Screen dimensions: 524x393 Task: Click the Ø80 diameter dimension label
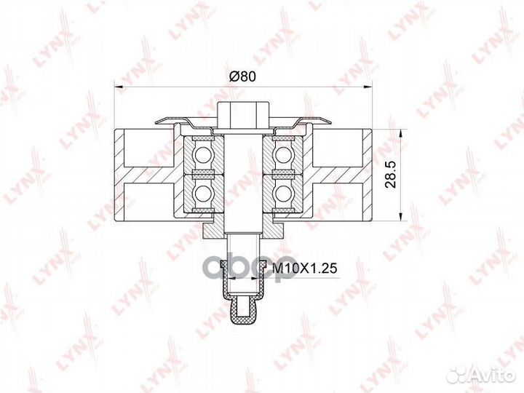242,76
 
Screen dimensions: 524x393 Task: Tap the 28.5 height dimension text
390,174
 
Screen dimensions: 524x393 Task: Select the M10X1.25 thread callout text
304,268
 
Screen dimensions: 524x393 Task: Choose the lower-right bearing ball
282,194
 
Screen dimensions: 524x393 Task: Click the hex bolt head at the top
243,115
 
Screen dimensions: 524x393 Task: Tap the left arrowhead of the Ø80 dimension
119,87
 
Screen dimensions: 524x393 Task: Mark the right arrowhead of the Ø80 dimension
368,87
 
